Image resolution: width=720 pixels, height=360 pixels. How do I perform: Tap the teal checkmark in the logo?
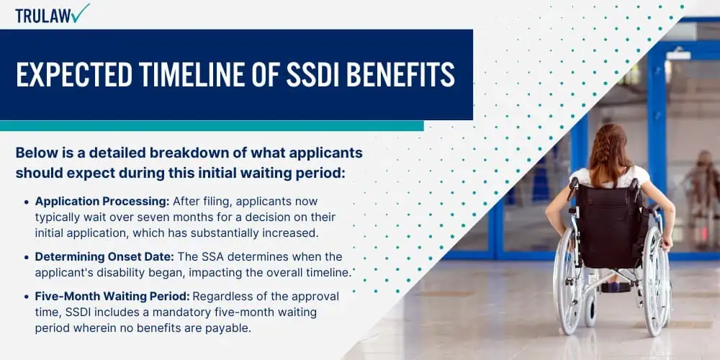click(81, 13)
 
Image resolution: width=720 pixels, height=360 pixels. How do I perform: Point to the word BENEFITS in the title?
click(401, 74)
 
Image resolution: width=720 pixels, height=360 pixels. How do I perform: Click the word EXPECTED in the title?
click(74, 74)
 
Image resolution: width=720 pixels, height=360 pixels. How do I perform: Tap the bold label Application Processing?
click(102, 202)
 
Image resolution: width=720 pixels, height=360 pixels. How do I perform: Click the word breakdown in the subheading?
click(140, 153)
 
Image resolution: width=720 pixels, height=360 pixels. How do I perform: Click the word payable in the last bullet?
click(231, 329)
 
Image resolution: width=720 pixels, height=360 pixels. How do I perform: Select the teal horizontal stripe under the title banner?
click(212, 126)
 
